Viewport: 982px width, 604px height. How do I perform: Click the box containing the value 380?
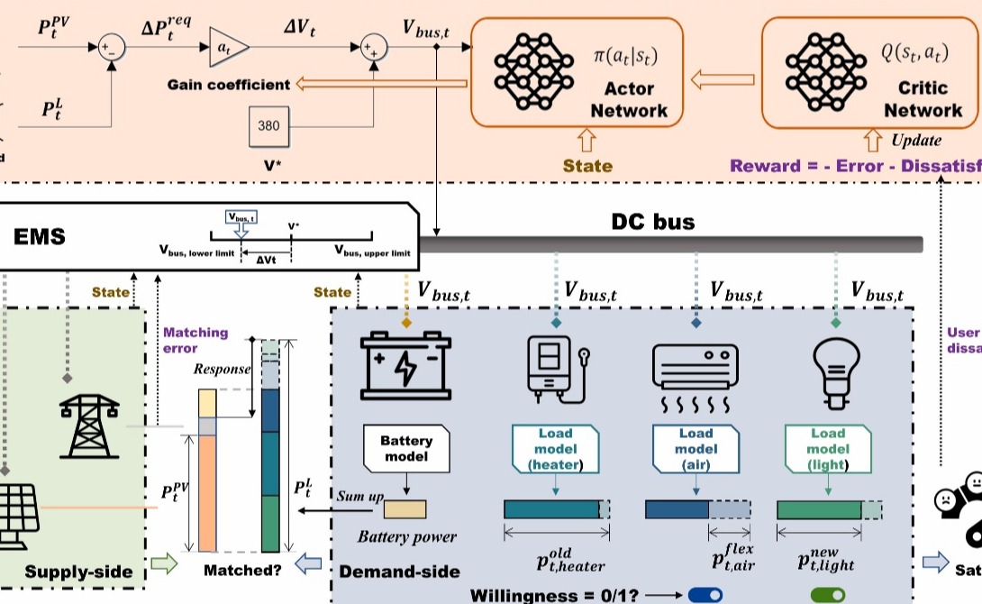point(268,126)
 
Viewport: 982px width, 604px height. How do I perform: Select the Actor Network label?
point(629,100)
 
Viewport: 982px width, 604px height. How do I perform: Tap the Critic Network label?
point(923,100)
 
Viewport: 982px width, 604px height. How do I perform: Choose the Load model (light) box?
point(827,449)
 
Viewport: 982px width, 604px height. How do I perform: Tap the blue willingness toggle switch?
point(705,595)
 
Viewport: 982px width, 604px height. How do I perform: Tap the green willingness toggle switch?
point(828,595)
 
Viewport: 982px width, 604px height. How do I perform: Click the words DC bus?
point(652,221)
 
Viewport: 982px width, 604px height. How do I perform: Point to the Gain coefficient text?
point(229,85)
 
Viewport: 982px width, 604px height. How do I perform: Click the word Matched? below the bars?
point(242,570)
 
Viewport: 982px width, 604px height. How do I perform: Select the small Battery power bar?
point(406,509)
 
